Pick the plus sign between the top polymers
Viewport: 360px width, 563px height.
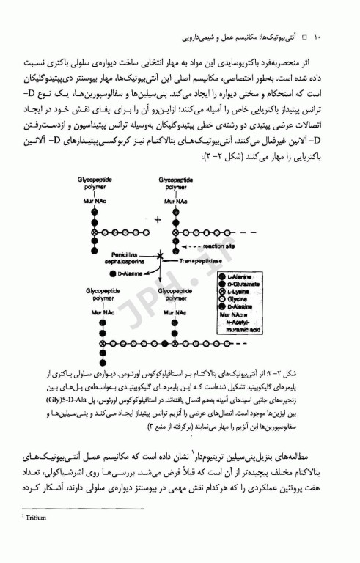point(155,218)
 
